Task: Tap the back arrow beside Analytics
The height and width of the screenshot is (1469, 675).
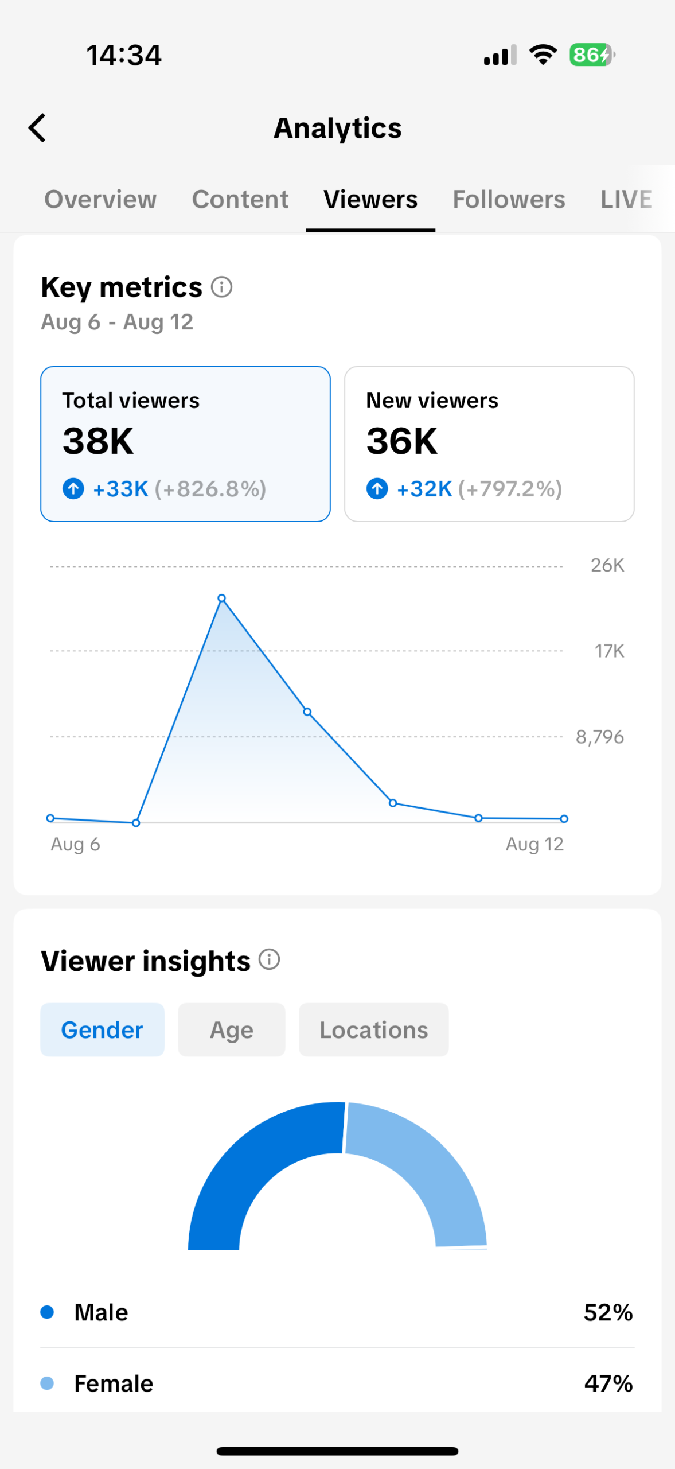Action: coord(37,127)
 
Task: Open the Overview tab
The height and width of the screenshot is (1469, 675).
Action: coord(100,199)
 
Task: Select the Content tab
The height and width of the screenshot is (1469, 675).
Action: coord(240,199)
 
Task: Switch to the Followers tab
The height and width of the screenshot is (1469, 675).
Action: coord(509,199)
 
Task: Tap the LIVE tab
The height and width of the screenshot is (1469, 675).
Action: coord(626,199)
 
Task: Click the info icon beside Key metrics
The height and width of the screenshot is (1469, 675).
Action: coord(221,287)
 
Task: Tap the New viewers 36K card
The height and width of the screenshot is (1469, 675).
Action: coord(489,444)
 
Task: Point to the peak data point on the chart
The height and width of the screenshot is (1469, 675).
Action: coord(222,598)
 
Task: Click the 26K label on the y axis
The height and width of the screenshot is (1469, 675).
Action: coord(607,565)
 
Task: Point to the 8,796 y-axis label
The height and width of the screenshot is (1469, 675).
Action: coord(600,736)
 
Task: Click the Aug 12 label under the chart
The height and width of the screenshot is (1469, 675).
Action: coord(534,844)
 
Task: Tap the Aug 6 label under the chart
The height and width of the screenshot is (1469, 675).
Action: coord(75,844)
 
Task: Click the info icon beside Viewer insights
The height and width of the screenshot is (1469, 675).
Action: coord(269,959)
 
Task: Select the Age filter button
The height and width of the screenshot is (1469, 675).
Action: coord(232,1030)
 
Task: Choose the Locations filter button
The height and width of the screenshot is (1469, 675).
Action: coord(374,1030)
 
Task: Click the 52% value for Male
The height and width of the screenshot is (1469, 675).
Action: coord(608,1312)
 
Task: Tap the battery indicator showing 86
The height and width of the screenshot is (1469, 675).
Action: coord(591,55)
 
